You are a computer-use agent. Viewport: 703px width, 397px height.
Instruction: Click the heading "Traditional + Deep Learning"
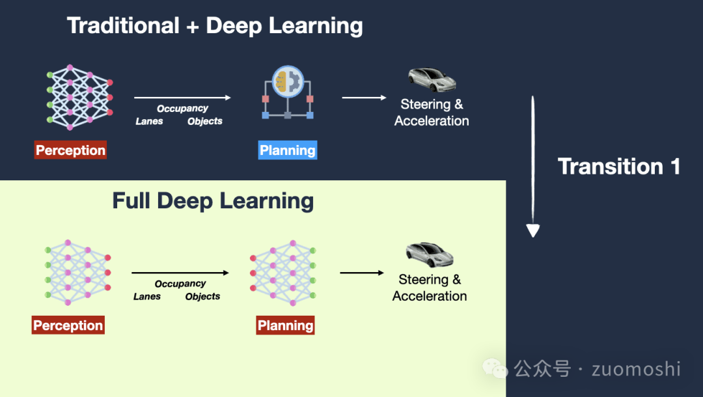(x=215, y=26)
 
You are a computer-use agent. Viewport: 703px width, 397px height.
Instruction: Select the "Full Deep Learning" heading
(x=213, y=200)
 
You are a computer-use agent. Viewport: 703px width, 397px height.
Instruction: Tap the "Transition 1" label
(x=619, y=167)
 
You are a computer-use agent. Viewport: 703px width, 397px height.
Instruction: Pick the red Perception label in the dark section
(x=70, y=150)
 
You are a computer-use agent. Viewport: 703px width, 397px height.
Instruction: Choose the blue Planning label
(x=288, y=150)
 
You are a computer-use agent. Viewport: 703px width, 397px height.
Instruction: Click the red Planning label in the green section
(x=285, y=325)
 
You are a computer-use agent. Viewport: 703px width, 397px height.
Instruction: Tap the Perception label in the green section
(x=68, y=325)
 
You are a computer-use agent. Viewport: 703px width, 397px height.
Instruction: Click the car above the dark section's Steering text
(x=432, y=79)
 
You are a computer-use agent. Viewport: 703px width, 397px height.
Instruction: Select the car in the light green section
(x=430, y=254)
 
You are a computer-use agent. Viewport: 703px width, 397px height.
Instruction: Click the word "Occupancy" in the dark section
(x=182, y=109)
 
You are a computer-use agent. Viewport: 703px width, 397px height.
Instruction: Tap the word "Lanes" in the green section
(x=147, y=296)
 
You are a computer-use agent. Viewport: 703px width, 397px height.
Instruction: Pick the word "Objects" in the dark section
(x=205, y=121)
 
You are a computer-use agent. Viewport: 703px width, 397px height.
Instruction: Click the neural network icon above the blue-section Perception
(x=80, y=97)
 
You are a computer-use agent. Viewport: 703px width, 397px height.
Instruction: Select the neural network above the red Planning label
(x=283, y=272)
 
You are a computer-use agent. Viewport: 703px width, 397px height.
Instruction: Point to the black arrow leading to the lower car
(x=362, y=273)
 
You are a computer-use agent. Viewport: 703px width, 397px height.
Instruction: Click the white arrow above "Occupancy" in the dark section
(x=182, y=98)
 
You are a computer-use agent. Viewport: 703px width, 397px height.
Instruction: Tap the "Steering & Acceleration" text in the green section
(x=430, y=288)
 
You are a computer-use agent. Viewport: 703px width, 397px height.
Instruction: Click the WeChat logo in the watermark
(x=495, y=369)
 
